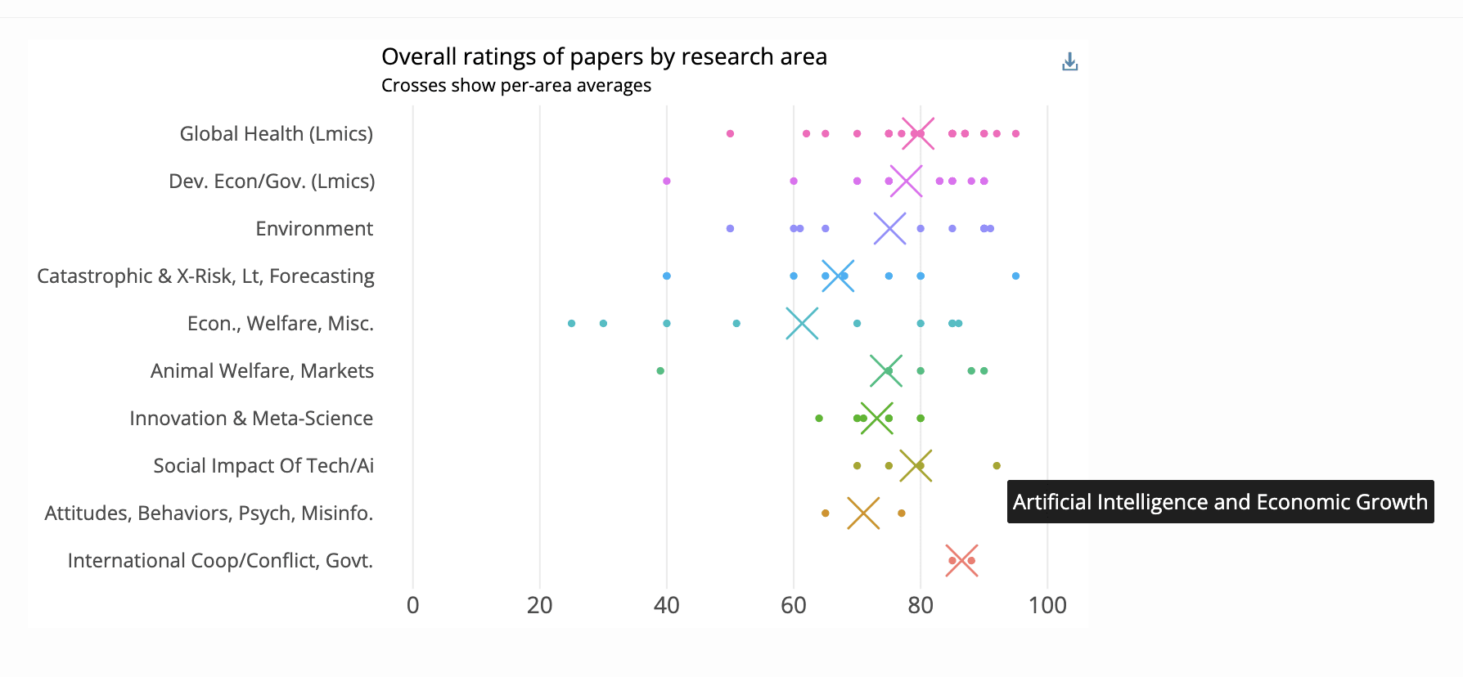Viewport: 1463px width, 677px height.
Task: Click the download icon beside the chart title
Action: pos(1069,62)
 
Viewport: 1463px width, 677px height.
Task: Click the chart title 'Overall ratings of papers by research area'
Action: pos(604,56)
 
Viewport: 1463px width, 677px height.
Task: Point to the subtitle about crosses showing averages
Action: pos(516,86)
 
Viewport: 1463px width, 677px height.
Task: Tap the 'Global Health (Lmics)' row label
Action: pos(276,133)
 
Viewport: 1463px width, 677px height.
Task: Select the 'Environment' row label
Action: pos(314,228)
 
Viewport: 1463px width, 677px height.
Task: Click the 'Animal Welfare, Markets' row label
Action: pos(262,370)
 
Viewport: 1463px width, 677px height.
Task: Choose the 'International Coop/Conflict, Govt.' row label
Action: pos(220,560)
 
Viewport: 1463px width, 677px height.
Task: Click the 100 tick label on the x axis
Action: pos(1047,605)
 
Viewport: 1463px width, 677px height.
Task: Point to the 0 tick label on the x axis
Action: pos(413,605)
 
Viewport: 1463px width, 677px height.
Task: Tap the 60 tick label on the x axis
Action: pos(794,605)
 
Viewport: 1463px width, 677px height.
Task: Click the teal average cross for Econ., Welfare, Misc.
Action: pos(802,323)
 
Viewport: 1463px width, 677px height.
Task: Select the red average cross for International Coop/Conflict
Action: pos(961,560)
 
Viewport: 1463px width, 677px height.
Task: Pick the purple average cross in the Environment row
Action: pos(889,228)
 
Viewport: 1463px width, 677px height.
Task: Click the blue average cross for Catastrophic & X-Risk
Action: pos(838,276)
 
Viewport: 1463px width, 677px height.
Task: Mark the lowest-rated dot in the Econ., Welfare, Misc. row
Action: pos(571,323)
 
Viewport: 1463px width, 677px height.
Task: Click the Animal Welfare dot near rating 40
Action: pos(660,370)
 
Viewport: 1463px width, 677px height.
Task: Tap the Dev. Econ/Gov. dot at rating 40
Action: pos(667,181)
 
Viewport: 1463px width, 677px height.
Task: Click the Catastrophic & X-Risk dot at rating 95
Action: pos(1015,276)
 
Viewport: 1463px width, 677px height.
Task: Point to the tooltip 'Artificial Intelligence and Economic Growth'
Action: pos(1220,501)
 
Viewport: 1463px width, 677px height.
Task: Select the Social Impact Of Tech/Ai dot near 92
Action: pos(997,465)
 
